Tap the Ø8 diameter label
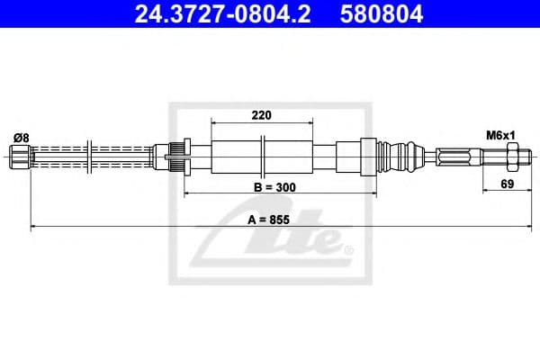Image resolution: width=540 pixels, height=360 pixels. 21,137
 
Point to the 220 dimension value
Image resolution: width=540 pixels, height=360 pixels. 262,114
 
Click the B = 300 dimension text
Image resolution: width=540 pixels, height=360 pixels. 274,187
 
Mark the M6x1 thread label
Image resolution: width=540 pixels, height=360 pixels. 499,135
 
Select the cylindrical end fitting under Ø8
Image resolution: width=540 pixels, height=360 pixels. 20,159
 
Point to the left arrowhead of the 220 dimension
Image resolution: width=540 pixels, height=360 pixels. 213,121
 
